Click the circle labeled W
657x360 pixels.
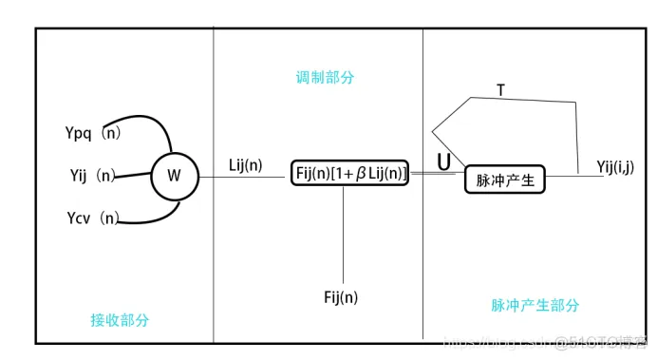click(174, 176)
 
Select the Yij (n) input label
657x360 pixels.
click(93, 176)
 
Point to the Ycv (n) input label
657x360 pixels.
click(93, 218)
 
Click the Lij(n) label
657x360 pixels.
click(246, 164)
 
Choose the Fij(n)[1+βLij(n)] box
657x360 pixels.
click(349, 173)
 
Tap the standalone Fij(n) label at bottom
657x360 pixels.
click(343, 297)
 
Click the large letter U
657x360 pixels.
click(443, 162)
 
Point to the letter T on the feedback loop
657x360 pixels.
click(501, 89)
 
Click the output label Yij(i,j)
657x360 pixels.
click(617, 166)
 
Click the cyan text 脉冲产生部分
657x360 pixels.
click(535, 305)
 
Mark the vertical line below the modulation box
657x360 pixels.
click(343, 232)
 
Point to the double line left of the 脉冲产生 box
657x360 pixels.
click(437, 175)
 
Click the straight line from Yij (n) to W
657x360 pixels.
click(135, 176)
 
